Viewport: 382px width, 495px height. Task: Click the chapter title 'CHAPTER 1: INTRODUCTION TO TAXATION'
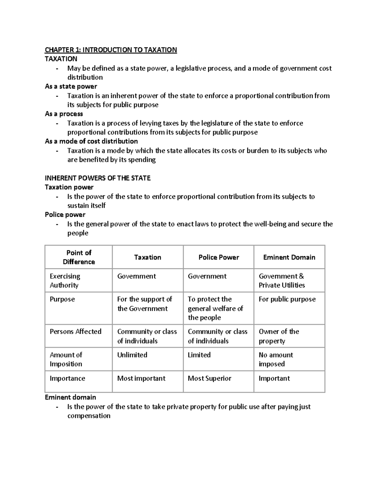click(111, 50)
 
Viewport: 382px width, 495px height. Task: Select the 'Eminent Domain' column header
click(289, 257)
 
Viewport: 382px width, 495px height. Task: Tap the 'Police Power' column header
click(219, 257)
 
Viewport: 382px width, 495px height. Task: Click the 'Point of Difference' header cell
click(79, 257)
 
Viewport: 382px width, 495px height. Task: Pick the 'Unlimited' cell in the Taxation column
click(132, 355)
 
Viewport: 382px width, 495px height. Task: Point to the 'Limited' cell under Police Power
click(199, 355)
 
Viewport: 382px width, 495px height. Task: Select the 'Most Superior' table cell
click(209, 378)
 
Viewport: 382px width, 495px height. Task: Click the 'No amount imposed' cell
click(276, 359)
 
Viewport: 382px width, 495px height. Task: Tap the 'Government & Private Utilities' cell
click(282, 280)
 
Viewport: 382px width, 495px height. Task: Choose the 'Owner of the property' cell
click(279, 336)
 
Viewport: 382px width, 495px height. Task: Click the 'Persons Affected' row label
click(75, 331)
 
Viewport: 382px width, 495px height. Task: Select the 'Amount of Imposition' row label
click(66, 359)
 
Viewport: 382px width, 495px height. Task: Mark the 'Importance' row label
click(67, 378)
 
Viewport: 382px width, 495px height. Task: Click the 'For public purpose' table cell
click(287, 299)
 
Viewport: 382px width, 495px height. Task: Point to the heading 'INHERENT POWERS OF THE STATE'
click(98, 178)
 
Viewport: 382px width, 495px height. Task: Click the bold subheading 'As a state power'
click(71, 86)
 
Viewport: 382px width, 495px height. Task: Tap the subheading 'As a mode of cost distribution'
click(91, 141)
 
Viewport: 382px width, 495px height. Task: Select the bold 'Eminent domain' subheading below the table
click(70, 397)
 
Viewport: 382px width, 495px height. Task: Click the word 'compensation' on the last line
click(89, 416)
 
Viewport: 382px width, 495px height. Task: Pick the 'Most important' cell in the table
click(141, 378)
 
